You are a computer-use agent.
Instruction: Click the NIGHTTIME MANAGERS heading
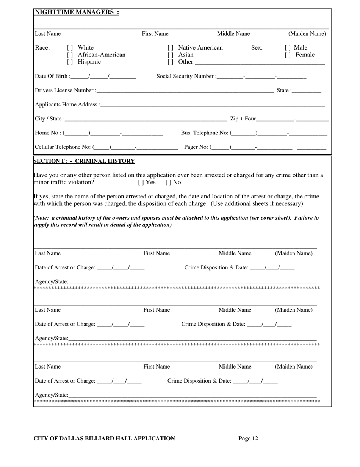[x=77, y=12]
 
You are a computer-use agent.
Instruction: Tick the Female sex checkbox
[x=287, y=55]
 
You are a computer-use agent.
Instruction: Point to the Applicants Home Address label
[x=67, y=105]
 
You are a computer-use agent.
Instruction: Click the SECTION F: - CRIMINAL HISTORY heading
[x=84, y=161]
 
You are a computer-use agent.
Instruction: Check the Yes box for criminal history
[x=140, y=183]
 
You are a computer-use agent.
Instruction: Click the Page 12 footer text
[x=248, y=439]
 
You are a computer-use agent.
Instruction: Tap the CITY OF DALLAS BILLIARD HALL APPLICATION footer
[x=104, y=439]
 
